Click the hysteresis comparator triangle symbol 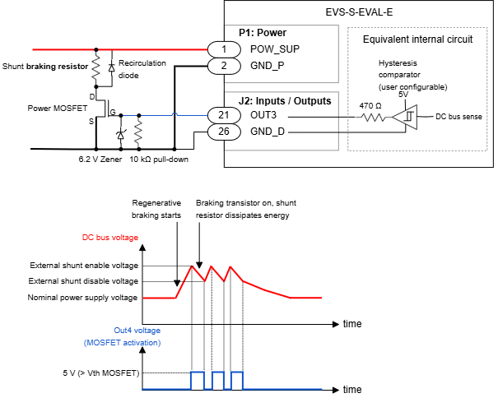click(403, 117)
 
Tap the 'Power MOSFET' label click(54, 107)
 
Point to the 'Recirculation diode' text click(143, 68)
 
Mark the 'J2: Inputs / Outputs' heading click(285, 101)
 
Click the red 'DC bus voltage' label click(110, 238)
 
